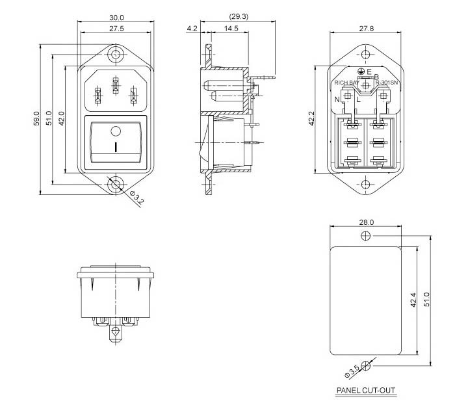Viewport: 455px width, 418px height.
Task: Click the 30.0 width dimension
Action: click(x=116, y=16)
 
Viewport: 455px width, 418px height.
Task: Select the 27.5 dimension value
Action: click(x=116, y=29)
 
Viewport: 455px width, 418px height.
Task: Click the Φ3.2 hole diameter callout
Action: click(x=138, y=200)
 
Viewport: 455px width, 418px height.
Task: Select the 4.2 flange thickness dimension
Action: click(x=192, y=29)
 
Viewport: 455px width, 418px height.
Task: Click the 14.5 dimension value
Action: click(x=230, y=29)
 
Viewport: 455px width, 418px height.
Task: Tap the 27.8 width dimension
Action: click(x=366, y=29)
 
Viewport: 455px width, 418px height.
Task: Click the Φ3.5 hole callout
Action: click(x=352, y=372)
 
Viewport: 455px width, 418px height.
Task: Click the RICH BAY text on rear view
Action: click(x=345, y=83)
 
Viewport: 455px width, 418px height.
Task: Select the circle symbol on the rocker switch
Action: click(x=116, y=129)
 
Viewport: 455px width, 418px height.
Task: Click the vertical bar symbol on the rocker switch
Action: click(x=116, y=147)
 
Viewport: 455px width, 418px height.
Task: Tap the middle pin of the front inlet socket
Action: click(x=116, y=85)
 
